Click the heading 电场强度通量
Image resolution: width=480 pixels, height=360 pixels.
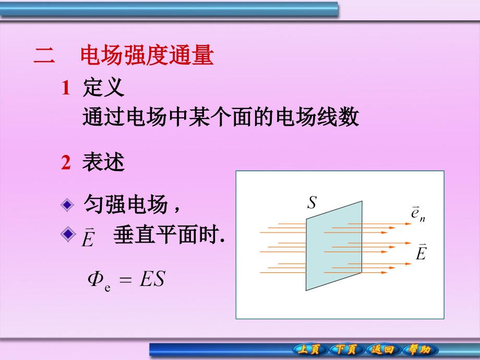click(x=147, y=56)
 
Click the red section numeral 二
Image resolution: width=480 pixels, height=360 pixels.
click(x=44, y=56)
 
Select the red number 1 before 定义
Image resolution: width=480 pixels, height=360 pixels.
click(x=65, y=88)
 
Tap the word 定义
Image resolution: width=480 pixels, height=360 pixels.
click(x=104, y=88)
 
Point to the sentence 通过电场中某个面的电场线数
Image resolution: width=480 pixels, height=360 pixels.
click(x=221, y=117)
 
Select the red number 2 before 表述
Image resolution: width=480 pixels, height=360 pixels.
click(x=65, y=163)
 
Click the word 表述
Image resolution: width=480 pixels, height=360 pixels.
click(x=104, y=163)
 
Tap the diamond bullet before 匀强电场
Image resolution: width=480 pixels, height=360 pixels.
click(x=67, y=205)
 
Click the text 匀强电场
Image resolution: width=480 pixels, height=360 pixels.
click(x=126, y=205)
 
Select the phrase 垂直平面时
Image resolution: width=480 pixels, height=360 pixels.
click(x=168, y=236)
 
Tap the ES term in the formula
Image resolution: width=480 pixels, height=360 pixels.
click(x=152, y=279)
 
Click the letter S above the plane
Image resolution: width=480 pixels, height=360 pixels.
click(x=311, y=202)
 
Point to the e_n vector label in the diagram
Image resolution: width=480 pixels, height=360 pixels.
click(x=417, y=214)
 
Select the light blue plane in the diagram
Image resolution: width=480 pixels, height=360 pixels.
click(x=334, y=246)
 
